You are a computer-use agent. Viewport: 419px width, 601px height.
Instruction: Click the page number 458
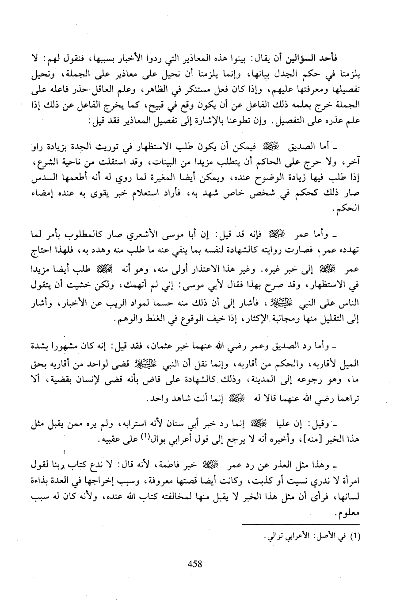(x=194, y=564)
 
